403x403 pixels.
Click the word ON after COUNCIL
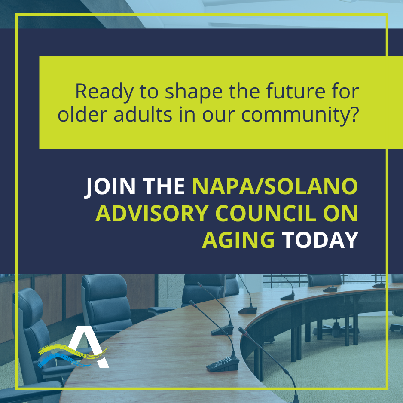(342, 214)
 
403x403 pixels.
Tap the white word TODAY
(320, 240)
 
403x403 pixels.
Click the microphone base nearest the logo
(223, 366)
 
